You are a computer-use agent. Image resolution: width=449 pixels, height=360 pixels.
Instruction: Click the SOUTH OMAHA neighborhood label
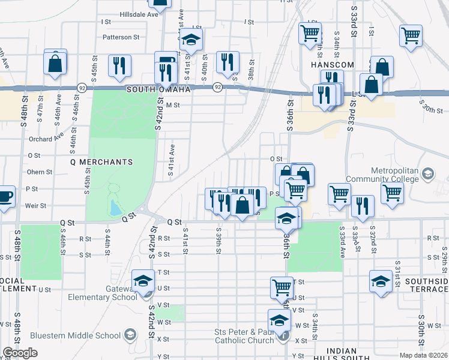[x=158, y=89]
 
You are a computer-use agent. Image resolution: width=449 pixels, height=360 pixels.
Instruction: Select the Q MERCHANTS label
[x=101, y=162]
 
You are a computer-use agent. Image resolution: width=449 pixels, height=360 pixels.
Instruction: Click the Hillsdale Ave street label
[x=139, y=14]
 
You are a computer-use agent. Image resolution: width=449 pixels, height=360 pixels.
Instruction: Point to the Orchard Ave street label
[x=46, y=139]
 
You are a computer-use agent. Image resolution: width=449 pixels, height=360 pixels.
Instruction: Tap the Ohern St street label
[x=40, y=172]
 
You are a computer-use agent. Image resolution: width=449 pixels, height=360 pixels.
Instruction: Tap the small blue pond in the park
[x=115, y=208]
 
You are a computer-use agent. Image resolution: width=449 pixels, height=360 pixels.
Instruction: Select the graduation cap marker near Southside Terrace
[x=381, y=281]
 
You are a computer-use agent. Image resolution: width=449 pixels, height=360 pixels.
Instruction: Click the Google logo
[x=20, y=353]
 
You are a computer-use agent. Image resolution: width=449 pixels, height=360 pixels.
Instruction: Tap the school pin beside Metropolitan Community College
[x=427, y=175]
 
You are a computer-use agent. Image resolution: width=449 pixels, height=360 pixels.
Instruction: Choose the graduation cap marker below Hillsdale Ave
[x=191, y=40]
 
